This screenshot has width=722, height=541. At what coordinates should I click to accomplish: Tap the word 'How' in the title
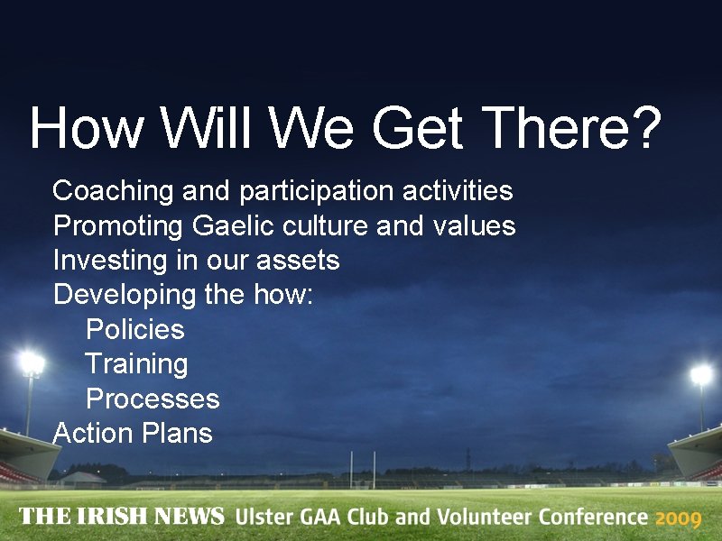point(87,129)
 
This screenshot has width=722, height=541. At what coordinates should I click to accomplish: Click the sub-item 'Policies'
point(134,329)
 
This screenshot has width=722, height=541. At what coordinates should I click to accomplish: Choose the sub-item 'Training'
point(136,364)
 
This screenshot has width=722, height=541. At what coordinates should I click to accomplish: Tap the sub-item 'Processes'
point(153,399)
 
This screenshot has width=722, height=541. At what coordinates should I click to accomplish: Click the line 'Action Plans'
point(133,433)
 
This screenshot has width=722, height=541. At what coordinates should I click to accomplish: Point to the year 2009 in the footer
point(678,518)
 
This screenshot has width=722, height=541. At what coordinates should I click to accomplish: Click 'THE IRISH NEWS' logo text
point(121,517)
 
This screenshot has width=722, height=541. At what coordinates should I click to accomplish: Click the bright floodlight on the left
point(32,363)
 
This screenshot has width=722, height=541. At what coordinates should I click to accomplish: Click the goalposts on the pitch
point(363,469)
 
